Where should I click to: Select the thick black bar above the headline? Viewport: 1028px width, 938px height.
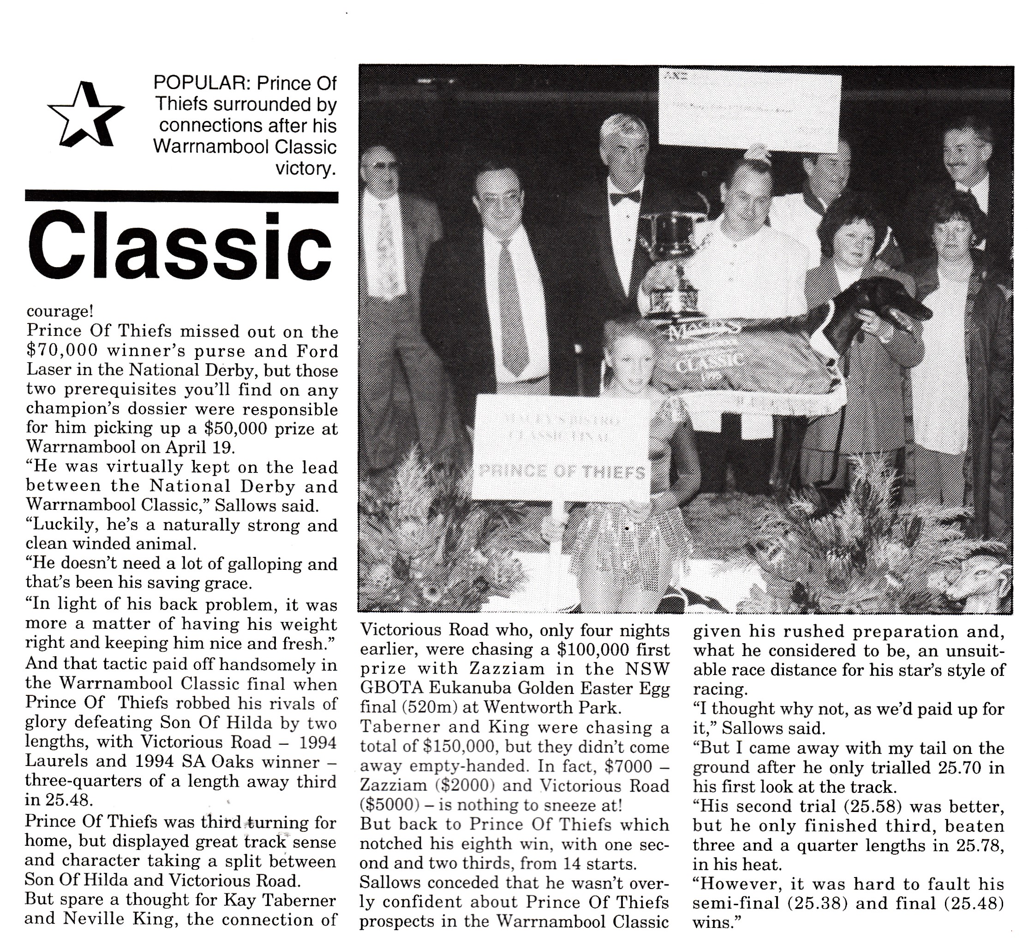pyautogui.click(x=181, y=197)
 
